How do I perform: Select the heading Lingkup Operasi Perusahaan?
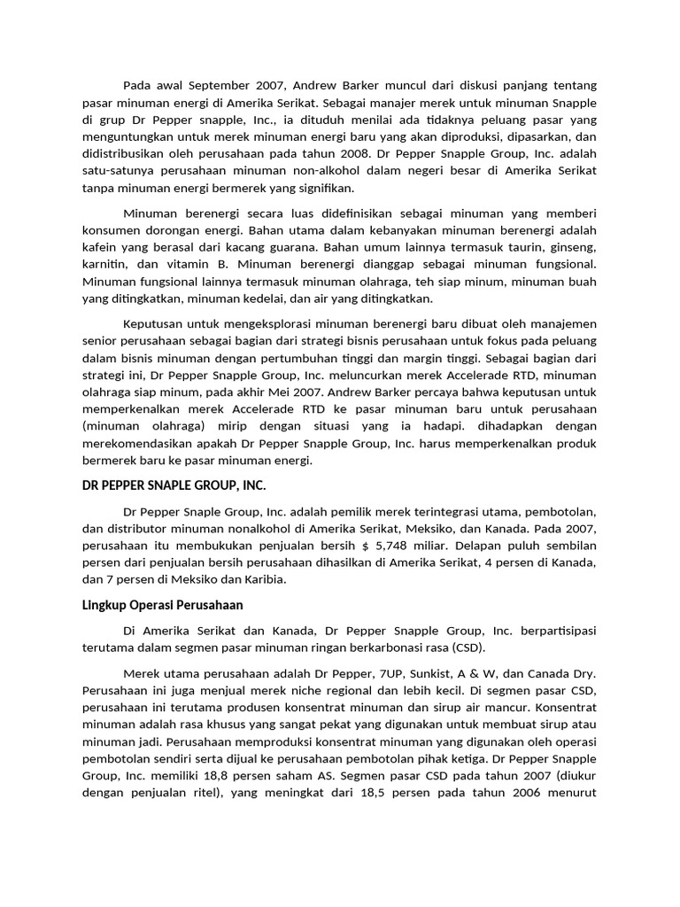coord(162,605)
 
